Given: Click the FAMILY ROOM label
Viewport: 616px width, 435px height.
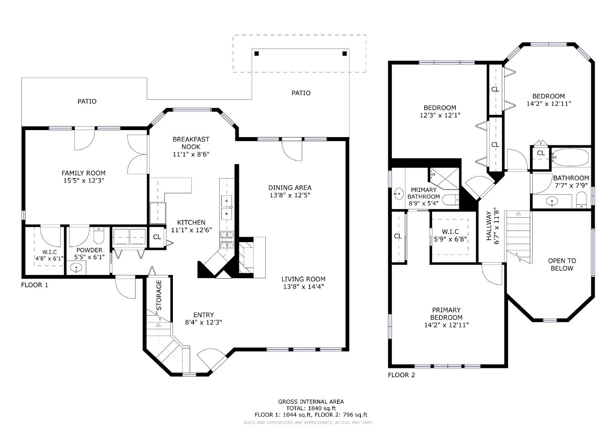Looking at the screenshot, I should click(83, 173).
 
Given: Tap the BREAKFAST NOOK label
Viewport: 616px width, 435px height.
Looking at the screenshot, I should click(191, 143).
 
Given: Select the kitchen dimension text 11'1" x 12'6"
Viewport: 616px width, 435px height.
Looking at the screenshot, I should click(191, 230).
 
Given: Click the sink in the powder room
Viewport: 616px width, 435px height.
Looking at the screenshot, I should click(76, 268).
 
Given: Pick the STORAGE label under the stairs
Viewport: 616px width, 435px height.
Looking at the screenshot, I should click(159, 295).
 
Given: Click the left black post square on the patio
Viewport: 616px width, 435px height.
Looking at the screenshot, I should click(257, 54).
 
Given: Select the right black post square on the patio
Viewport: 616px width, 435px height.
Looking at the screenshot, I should click(345, 54).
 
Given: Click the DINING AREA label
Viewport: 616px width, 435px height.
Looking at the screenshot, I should click(290, 188).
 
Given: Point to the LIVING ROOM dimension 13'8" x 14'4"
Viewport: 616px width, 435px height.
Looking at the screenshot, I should click(303, 287).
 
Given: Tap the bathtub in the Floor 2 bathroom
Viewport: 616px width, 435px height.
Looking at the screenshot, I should click(570, 157).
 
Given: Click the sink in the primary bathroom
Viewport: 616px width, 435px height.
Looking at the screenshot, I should click(398, 192).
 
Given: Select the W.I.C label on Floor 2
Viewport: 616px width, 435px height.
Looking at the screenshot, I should click(451, 232).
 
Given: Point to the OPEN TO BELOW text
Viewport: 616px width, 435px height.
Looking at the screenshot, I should click(562, 264).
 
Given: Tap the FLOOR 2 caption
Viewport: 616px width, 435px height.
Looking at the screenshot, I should click(401, 375).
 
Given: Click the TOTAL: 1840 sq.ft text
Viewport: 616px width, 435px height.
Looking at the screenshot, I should click(311, 408).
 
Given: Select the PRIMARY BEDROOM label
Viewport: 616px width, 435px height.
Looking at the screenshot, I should click(446, 314).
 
